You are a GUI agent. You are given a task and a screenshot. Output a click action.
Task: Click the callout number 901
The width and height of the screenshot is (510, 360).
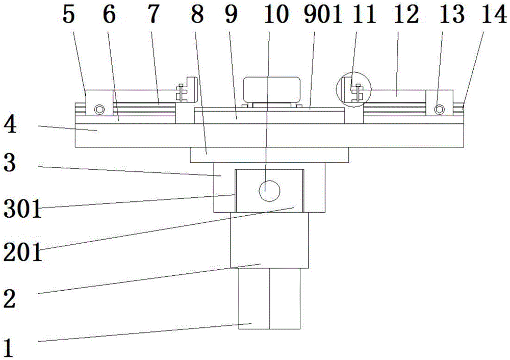(323, 14)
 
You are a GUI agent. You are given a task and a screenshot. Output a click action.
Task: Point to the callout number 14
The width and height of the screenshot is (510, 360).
(494, 14)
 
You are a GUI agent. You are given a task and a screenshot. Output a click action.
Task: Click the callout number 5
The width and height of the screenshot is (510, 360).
(69, 14)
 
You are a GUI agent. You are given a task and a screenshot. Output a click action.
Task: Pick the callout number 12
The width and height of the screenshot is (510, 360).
(406, 14)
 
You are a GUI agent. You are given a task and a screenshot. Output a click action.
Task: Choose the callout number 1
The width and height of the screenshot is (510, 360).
(9, 348)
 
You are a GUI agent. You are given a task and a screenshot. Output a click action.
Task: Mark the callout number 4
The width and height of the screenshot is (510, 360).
(10, 125)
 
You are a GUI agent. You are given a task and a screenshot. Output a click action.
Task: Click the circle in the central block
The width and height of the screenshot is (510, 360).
(269, 191)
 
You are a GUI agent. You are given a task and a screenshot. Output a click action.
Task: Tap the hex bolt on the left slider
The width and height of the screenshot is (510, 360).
(99, 110)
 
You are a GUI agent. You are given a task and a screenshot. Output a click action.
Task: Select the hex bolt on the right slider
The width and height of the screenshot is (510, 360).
(440, 110)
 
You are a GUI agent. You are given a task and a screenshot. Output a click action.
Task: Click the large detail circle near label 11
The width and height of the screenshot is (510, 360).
(353, 89)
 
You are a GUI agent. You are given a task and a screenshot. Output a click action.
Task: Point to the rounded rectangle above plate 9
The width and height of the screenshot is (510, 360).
(272, 89)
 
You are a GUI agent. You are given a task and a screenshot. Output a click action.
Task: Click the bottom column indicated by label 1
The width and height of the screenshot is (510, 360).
(269, 298)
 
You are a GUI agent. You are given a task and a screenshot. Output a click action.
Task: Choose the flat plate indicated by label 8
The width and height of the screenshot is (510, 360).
(269, 155)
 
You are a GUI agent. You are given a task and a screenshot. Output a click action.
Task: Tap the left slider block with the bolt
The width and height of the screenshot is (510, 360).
(99, 102)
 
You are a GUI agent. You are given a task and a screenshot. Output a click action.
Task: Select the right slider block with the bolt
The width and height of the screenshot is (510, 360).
(440, 102)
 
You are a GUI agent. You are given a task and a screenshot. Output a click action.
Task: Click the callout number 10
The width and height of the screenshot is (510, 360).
(276, 14)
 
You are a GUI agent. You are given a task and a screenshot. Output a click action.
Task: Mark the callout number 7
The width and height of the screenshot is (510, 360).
(154, 14)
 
